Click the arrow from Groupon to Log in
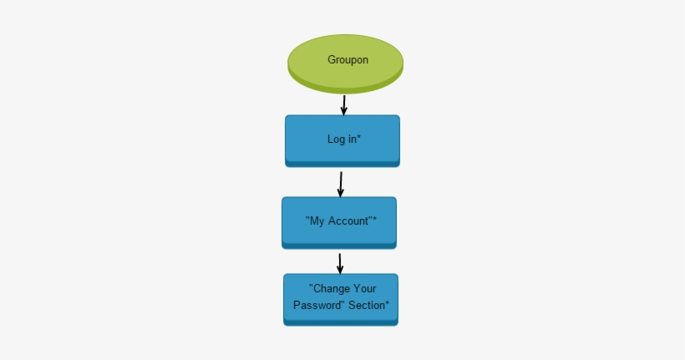[x=343, y=104]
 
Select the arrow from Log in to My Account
[x=341, y=183]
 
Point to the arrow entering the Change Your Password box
[x=340, y=262]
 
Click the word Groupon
[x=348, y=60]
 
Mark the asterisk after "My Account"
[x=374, y=220]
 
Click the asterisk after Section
[x=387, y=304]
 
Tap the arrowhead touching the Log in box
[x=343, y=111]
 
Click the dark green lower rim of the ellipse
[x=345, y=87]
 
